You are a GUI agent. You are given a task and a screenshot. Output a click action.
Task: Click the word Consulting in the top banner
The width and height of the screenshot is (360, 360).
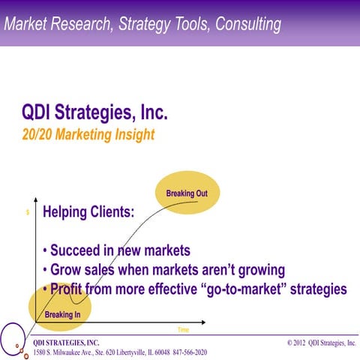[x=247, y=24]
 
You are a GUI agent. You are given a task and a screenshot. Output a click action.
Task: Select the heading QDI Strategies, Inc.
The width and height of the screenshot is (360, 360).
[x=95, y=114]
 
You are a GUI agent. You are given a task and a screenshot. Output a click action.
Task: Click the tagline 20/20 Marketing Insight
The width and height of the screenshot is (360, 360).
[x=88, y=135]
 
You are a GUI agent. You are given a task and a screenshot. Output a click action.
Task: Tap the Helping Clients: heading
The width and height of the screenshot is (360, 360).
[x=88, y=212]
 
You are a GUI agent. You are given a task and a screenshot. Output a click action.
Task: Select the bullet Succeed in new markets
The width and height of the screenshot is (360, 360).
[x=116, y=250]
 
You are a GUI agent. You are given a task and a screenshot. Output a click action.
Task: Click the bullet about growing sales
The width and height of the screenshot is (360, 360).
[x=163, y=269]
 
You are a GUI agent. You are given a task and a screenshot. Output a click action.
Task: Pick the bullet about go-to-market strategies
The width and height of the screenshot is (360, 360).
[x=194, y=289]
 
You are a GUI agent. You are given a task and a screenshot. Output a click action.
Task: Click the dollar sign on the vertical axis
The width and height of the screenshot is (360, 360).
[x=28, y=213]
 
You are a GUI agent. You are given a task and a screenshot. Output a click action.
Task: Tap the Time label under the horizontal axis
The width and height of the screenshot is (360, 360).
[x=183, y=330]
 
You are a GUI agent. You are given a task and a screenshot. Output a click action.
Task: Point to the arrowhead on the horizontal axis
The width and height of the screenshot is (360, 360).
[x=205, y=324]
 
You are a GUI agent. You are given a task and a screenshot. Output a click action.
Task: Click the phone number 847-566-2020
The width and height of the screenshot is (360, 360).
[x=190, y=352]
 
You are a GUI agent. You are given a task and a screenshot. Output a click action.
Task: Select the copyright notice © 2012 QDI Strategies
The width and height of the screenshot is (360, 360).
[x=321, y=343]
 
